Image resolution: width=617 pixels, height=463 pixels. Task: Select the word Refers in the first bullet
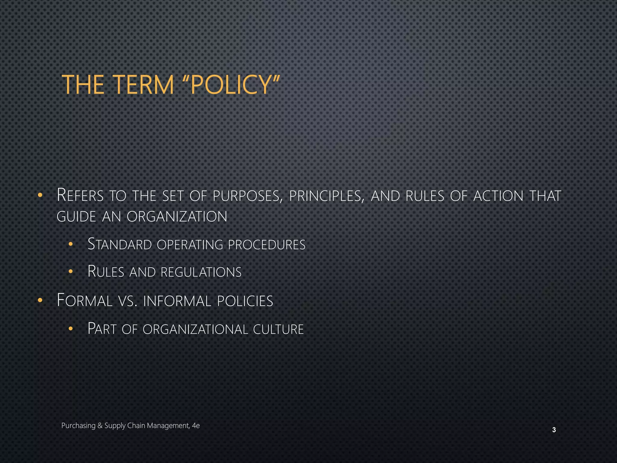80,195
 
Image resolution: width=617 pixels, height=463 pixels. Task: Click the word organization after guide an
177,217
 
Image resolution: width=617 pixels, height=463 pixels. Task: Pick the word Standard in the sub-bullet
120,244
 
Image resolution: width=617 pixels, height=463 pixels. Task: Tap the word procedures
267,245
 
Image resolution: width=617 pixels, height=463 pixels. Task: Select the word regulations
201,272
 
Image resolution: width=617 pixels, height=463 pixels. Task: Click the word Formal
85,301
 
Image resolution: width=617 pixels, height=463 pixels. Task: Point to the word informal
177,301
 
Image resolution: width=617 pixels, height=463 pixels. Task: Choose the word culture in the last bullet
278,329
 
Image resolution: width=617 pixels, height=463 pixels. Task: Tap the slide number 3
554,430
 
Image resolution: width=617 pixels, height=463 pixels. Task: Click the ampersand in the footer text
100,426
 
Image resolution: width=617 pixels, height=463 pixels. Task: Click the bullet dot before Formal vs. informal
40,301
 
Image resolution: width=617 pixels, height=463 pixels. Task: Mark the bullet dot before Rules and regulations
70,272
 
